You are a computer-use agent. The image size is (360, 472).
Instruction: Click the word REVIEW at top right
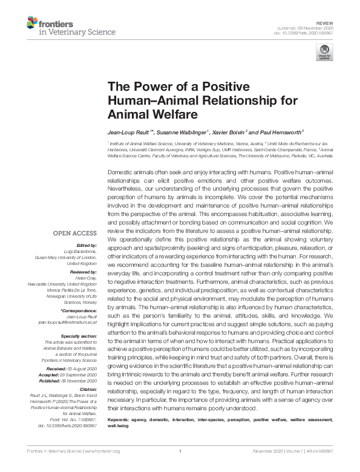pyautogui.click(x=326, y=21)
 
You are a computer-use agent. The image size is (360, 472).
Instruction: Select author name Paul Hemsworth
pyautogui.click(x=280, y=131)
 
